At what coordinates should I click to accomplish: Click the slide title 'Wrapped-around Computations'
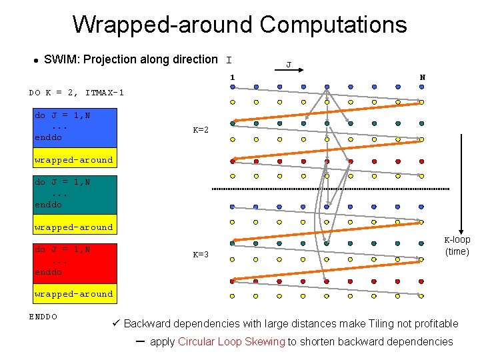[239, 25]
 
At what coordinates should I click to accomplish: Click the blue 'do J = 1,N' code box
[75, 126]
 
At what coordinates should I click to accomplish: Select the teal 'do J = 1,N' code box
[75, 193]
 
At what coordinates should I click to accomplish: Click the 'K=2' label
[201, 130]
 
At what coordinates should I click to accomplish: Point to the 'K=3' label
[201, 255]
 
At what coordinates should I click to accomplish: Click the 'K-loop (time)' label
[457, 245]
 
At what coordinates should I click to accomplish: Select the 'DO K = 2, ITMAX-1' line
[77, 92]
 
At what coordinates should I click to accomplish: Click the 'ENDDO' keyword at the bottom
[43, 316]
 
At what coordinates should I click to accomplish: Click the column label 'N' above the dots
[422, 77]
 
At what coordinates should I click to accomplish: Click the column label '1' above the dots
[232, 77]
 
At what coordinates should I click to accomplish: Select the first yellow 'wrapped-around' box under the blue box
[74, 160]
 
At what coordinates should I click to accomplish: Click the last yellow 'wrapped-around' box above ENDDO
[74, 293]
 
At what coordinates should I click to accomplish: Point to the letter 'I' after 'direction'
[229, 59]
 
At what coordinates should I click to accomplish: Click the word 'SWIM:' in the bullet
[58, 59]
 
